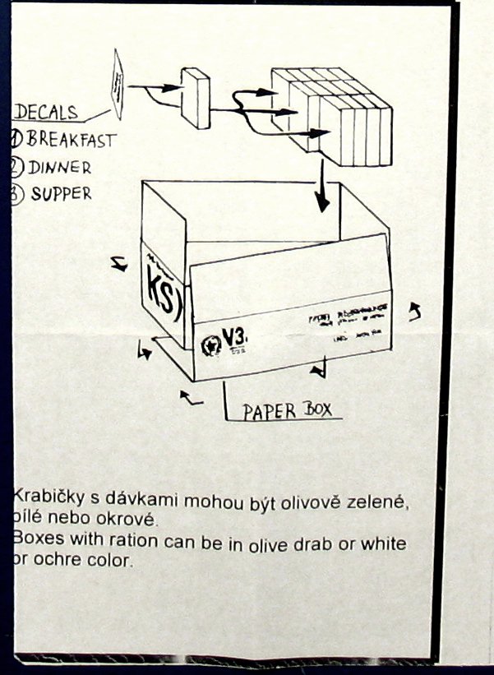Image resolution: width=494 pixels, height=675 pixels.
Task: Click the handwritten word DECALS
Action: [46, 113]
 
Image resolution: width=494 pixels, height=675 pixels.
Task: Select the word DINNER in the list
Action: [59, 168]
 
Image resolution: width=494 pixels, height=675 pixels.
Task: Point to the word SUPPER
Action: [61, 195]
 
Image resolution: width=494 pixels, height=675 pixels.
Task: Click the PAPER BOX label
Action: [287, 409]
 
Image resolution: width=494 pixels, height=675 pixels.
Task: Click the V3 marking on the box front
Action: [234, 335]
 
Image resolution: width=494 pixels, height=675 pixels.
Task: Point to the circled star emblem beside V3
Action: [207, 340]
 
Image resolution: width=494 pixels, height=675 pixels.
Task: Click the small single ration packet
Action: [196, 98]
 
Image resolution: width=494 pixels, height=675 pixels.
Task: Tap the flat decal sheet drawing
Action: [118, 82]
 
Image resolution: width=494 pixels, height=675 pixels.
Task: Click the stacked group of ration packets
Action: [333, 115]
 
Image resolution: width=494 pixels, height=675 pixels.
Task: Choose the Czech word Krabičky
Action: [46, 498]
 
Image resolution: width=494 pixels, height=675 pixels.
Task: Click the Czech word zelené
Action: [377, 499]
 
